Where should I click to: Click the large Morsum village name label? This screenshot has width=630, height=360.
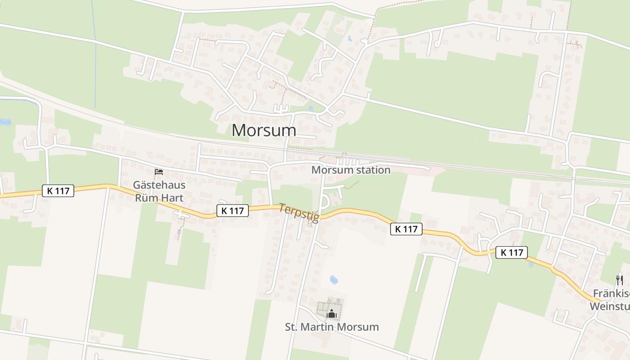click(264, 130)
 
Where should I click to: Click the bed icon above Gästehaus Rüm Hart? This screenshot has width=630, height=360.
click(158, 172)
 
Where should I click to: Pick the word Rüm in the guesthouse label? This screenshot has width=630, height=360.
click(146, 198)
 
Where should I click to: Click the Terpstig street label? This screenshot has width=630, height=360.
click(299, 213)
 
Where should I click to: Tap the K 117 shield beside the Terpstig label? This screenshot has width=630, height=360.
click(233, 210)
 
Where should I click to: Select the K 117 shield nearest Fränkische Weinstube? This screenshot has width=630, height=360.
click(512, 252)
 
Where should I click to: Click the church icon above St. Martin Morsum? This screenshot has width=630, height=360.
click(332, 314)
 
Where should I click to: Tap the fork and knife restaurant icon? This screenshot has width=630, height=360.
click(620, 280)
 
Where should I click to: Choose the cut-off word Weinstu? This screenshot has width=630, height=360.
click(610, 306)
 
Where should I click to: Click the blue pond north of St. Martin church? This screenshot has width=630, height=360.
click(333, 280)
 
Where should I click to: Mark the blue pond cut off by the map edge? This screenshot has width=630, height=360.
click(4, 122)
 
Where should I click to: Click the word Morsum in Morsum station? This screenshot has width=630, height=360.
click(330, 170)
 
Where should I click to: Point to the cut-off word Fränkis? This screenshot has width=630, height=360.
click(611, 294)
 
